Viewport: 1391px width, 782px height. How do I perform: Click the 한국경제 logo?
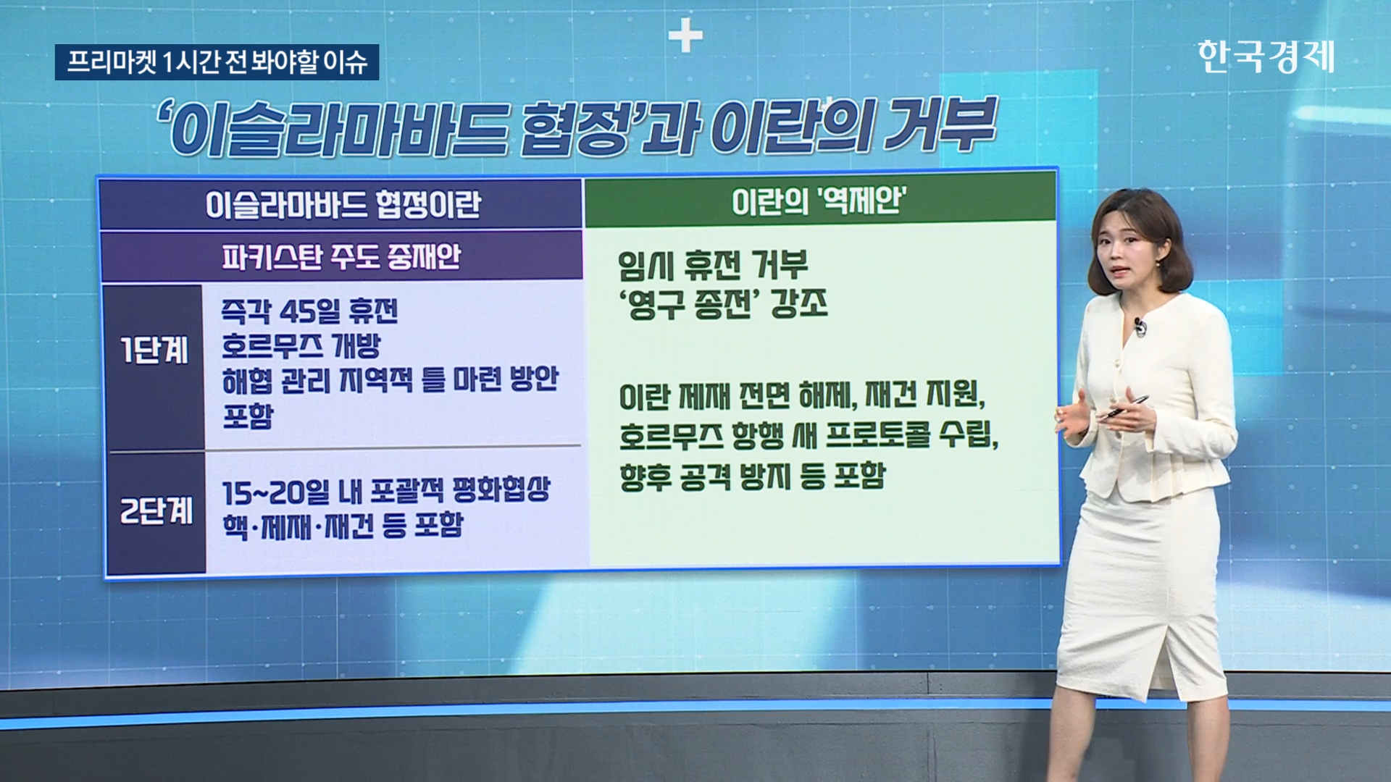(x=1266, y=56)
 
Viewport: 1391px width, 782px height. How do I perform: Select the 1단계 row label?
(x=154, y=351)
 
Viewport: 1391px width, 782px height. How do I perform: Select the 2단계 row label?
(x=156, y=510)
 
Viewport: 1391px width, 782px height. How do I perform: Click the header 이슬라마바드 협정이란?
(x=343, y=205)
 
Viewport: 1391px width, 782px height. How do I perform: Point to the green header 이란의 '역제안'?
(x=819, y=200)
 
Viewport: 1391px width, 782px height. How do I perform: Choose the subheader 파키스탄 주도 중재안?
(x=341, y=256)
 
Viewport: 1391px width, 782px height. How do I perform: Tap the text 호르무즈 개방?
(x=301, y=346)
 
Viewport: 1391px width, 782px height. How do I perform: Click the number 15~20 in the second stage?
(x=264, y=493)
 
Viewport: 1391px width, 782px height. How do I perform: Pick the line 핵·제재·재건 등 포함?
(x=343, y=526)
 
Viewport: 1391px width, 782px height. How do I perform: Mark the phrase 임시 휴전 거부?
(x=713, y=266)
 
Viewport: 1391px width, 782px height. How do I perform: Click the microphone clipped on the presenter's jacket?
(x=1140, y=327)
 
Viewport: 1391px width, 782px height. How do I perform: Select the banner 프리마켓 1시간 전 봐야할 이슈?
(x=217, y=62)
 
